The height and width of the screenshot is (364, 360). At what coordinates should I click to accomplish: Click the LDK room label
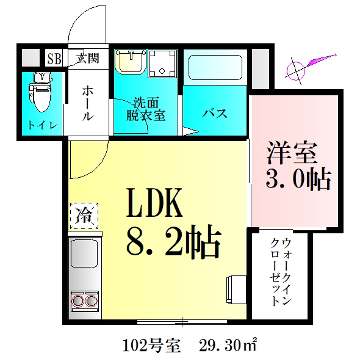click(154, 203)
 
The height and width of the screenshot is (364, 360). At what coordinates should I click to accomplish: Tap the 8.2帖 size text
click(173, 243)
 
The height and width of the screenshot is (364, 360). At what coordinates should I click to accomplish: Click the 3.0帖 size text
click(298, 179)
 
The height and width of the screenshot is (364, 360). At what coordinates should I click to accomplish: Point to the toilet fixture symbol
click(41, 92)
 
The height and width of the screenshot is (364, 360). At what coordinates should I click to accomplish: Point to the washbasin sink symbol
click(129, 61)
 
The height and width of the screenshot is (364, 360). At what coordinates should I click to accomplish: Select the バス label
click(215, 114)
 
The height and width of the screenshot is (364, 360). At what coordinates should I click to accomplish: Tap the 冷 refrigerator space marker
click(83, 214)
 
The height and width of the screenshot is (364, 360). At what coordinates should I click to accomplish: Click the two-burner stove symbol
click(84, 300)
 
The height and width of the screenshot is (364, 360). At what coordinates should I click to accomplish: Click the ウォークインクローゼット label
click(281, 271)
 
